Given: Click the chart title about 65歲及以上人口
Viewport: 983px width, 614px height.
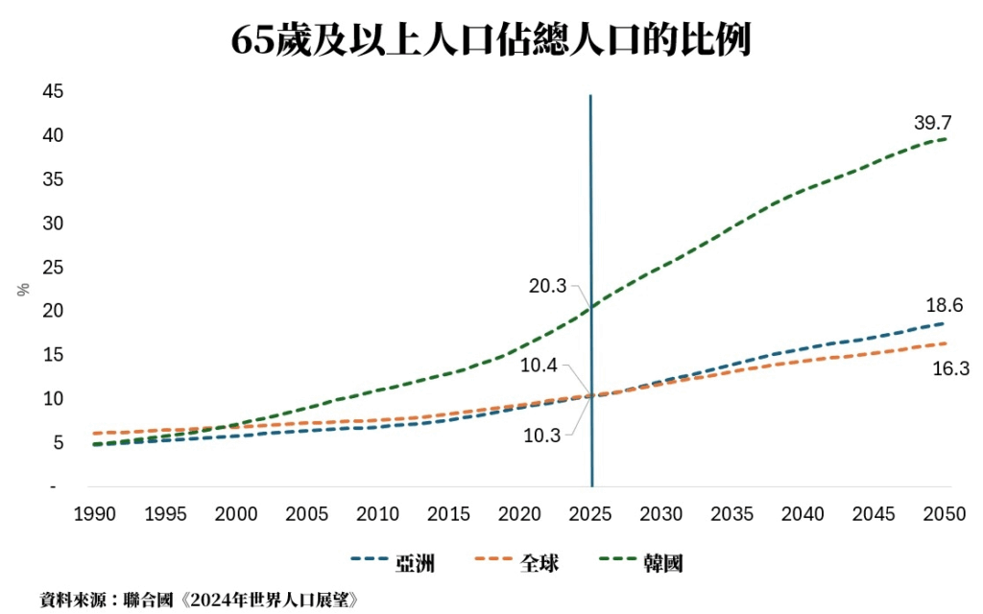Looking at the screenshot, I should pyautogui.click(x=491, y=39).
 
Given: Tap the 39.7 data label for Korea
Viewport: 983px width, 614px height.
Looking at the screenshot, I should pyautogui.click(x=933, y=123).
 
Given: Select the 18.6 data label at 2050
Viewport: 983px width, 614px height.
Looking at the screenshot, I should pyautogui.click(x=945, y=306).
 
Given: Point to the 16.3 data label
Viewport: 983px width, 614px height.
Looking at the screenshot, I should pyautogui.click(x=950, y=368).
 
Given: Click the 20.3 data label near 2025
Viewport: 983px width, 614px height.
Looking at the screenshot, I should pyautogui.click(x=547, y=285).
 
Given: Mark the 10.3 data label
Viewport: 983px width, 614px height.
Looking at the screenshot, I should pyautogui.click(x=543, y=434).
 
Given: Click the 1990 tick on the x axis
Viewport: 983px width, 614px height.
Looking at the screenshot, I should pyautogui.click(x=95, y=514).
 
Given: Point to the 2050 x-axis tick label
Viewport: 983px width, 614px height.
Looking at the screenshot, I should pyautogui.click(x=945, y=514).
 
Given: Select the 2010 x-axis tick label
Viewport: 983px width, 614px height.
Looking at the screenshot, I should pyautogui.click(x=378, y=514).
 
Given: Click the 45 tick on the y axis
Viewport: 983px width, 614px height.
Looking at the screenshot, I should pyautogui.click(x=53, y=92).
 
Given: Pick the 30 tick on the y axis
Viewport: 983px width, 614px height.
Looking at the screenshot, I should pyautogui.click(x=53, y=224).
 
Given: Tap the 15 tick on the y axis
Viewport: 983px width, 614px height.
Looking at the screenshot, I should pyautogui.click(x=53, y=355).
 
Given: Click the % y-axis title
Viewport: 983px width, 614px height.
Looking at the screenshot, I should pyautogui.click(x=24, y=289).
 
